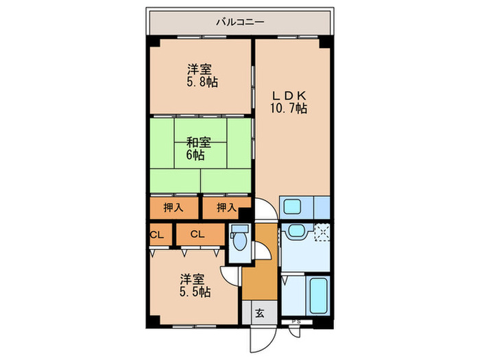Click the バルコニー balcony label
240,21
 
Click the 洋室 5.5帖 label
195,285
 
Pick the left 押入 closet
173,207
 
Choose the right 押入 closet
226,207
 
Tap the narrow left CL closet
157,235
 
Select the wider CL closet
197,235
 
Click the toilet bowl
239,242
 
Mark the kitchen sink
294,206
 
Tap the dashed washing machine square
322,232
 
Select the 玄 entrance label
260,314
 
